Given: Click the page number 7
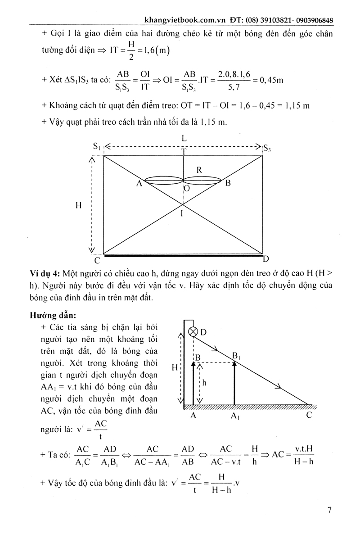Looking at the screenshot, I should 330,510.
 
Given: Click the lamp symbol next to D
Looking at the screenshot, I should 193,332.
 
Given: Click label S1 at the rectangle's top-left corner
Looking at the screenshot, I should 96,146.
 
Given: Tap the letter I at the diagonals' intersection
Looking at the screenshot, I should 182,214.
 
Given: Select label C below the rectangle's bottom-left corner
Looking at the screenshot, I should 97,261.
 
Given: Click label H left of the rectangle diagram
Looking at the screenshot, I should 78,205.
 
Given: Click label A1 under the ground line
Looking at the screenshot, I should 234,417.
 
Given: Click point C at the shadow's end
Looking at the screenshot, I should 309,416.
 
